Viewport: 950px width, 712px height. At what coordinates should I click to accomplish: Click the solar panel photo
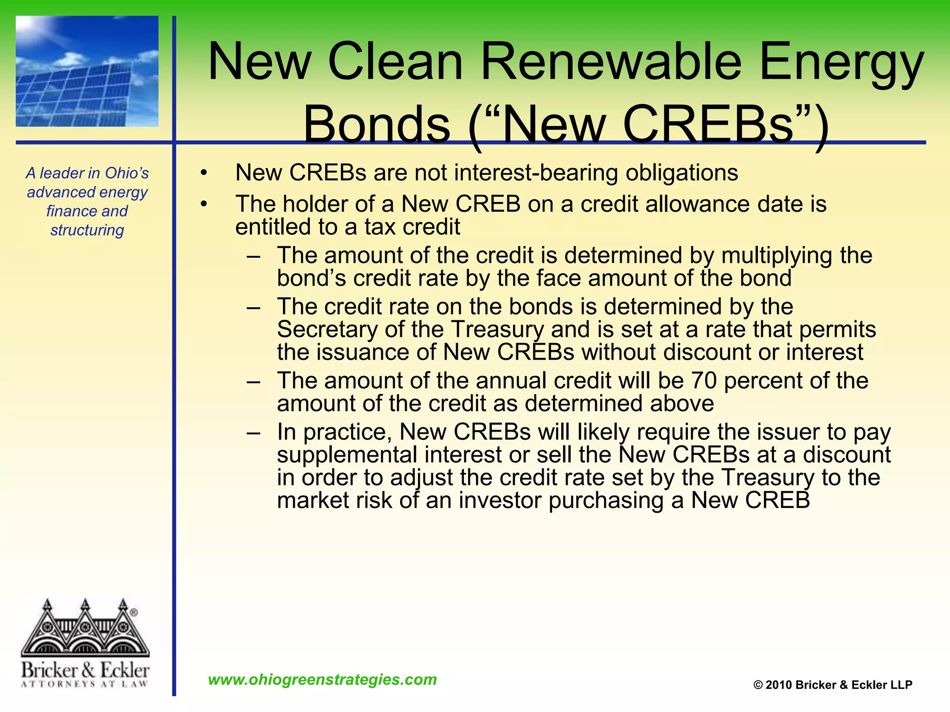pos(87,71)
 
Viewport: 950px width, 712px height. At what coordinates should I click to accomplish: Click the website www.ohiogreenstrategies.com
pos(322,680)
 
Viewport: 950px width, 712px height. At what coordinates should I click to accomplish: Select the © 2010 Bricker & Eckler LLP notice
pos(833,685)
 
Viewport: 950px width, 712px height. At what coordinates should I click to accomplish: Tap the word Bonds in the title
pos(376,124)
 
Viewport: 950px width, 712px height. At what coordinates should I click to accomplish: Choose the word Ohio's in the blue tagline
pos(126,173)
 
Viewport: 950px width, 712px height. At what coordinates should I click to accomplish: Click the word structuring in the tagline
pos(87,230)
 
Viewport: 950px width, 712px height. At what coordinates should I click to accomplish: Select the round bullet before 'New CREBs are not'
pos(204,173)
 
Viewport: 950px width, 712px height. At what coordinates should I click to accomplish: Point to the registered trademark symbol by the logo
pos(134,612)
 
